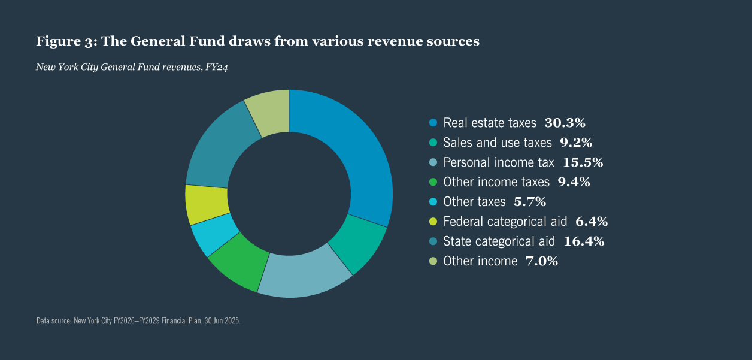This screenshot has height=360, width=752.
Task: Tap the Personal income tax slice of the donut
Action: (303, 273)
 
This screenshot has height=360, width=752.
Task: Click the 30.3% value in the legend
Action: (564, 123)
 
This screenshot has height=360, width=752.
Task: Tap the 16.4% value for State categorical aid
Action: (583, 241)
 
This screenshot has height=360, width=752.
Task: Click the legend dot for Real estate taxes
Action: (433, 123)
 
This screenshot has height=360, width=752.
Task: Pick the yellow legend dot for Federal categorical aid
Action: (433, 222)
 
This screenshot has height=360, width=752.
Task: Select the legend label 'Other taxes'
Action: (474, 202)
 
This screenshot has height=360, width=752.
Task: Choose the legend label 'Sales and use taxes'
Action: (497, 143)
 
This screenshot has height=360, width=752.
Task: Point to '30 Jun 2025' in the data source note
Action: (222, 321)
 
